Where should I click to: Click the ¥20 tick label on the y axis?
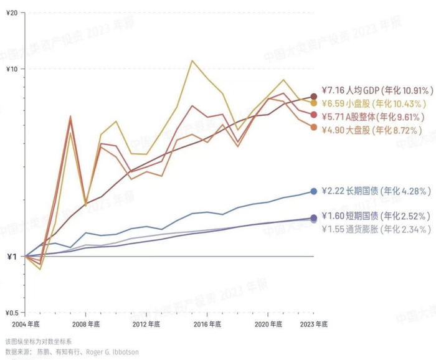(12, 12)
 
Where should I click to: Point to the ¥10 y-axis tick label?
(12, 69)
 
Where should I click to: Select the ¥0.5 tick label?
(12, 313)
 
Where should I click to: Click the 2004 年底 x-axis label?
(25, 324)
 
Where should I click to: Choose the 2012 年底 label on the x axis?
(146, 324)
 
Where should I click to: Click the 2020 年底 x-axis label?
(268, 324)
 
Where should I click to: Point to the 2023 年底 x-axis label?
(313, 324)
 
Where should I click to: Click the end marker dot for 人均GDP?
(314, 96)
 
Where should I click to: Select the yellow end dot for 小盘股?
(314, 103)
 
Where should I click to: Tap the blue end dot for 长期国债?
(314, 191)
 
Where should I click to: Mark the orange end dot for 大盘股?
(314, 127)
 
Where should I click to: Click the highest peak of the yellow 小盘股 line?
(192, 60)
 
